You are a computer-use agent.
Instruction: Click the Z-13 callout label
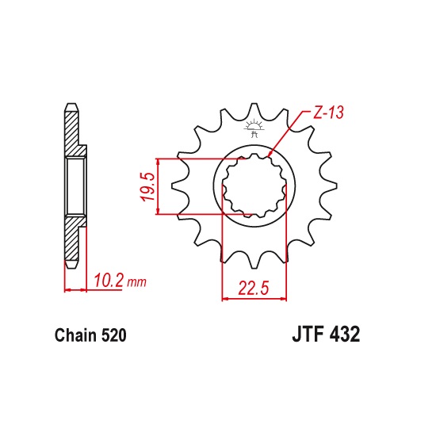point(328,113)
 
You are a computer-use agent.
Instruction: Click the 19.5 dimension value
point(147,186)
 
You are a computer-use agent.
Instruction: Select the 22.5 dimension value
point(254,288)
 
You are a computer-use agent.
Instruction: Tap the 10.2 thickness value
point(109,281)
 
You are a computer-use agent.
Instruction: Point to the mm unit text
point(136,282)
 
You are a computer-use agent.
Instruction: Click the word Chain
point(76,335)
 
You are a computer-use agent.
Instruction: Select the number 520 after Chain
point(114,335)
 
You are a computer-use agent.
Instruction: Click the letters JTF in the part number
point(308,335)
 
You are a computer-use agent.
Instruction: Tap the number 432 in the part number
point(344,335)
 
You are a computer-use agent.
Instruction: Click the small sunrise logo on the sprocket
point(254,128)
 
